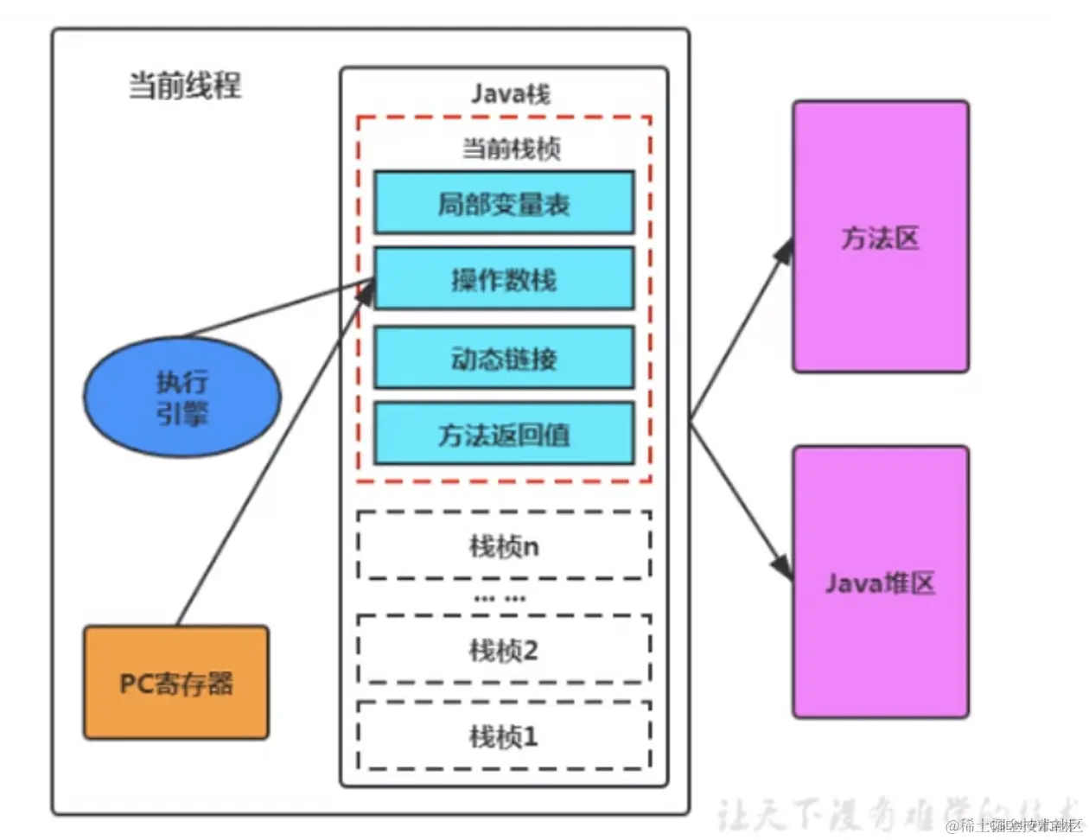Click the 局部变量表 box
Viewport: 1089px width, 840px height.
point(504,203)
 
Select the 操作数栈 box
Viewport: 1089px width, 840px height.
point(504,279)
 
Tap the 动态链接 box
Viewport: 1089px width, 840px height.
point(504,358)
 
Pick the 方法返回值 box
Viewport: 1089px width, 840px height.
point(504,434)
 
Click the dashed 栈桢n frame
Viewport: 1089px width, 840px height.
point(504,546)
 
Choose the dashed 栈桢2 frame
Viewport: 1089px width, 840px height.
point(504,650)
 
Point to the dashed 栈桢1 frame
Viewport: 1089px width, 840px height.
point(504,736)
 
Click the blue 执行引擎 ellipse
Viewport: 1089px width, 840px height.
point(182,398)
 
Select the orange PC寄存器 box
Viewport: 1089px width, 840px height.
point(176,683)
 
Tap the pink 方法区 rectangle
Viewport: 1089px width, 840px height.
point(880,238)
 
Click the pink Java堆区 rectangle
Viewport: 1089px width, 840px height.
point(880,583)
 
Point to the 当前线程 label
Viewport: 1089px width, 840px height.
point(185,86)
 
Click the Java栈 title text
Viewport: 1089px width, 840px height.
point(510,93)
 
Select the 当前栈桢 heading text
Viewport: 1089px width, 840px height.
point(511,149)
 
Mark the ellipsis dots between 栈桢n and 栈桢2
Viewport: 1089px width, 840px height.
point(500,598)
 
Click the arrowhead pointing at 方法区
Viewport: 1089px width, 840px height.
point(785,251)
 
